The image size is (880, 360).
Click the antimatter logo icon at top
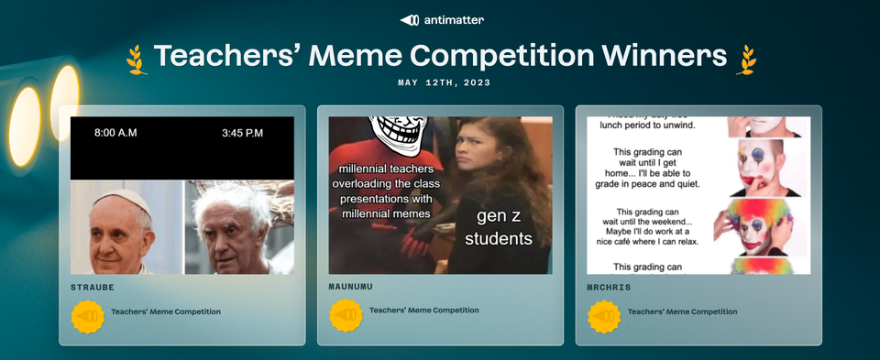(x=410, y=20)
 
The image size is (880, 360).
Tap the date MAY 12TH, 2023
(x=444, y=82)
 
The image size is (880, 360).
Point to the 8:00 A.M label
(x=115, y=133)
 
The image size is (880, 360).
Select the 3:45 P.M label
(x=242, y=133)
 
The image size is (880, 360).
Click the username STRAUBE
(x=92, y=287)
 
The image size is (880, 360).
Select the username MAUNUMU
(x=351, y=287)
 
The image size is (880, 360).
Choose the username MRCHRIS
(x=608, y=287)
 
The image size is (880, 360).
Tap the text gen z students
(x=498, y=228)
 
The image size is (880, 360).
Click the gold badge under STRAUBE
(x=87, y=316)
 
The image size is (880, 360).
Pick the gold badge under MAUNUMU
(x=346, y=315)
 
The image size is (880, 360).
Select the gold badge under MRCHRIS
(x=604, y=316)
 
